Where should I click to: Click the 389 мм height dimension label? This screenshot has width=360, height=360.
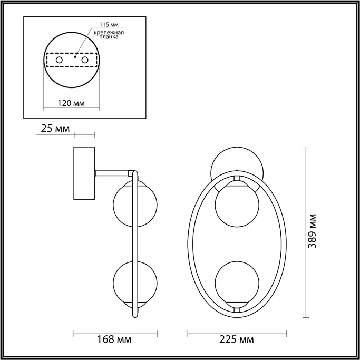click(x=313, y=231)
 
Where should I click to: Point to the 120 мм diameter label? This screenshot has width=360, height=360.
click(x=70, y=103)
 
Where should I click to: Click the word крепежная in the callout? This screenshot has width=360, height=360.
click(x=109, y=33)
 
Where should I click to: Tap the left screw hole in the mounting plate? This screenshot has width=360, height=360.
click(x=59, y=61)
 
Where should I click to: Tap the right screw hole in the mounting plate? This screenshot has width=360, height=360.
click(x=83, y=61)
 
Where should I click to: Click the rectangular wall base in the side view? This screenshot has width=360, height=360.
click(x=84, y=174)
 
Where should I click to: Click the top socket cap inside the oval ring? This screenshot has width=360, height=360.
click(x=237, y=179)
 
